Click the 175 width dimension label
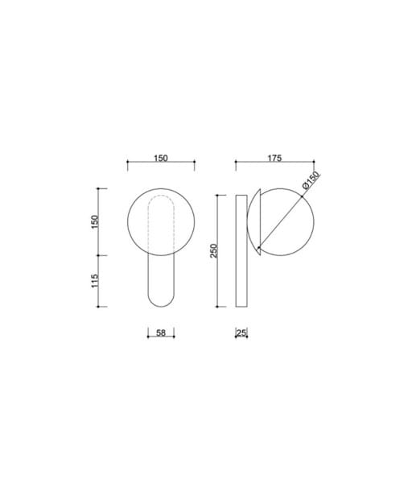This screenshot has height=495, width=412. coord(274,158)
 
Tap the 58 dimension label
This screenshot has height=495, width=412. coord(161,332)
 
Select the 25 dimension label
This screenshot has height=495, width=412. coord(241,332)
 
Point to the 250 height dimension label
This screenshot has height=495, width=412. coord(214,250)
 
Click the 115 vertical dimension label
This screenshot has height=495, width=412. coord(95,281)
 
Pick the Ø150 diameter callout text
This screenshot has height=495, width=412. coord(311,180)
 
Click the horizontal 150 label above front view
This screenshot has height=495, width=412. coord(161,158)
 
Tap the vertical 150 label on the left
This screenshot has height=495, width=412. coord(95,222)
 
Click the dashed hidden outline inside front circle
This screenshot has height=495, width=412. coord(161,196)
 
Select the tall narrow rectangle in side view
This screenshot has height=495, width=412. coord(241,251)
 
